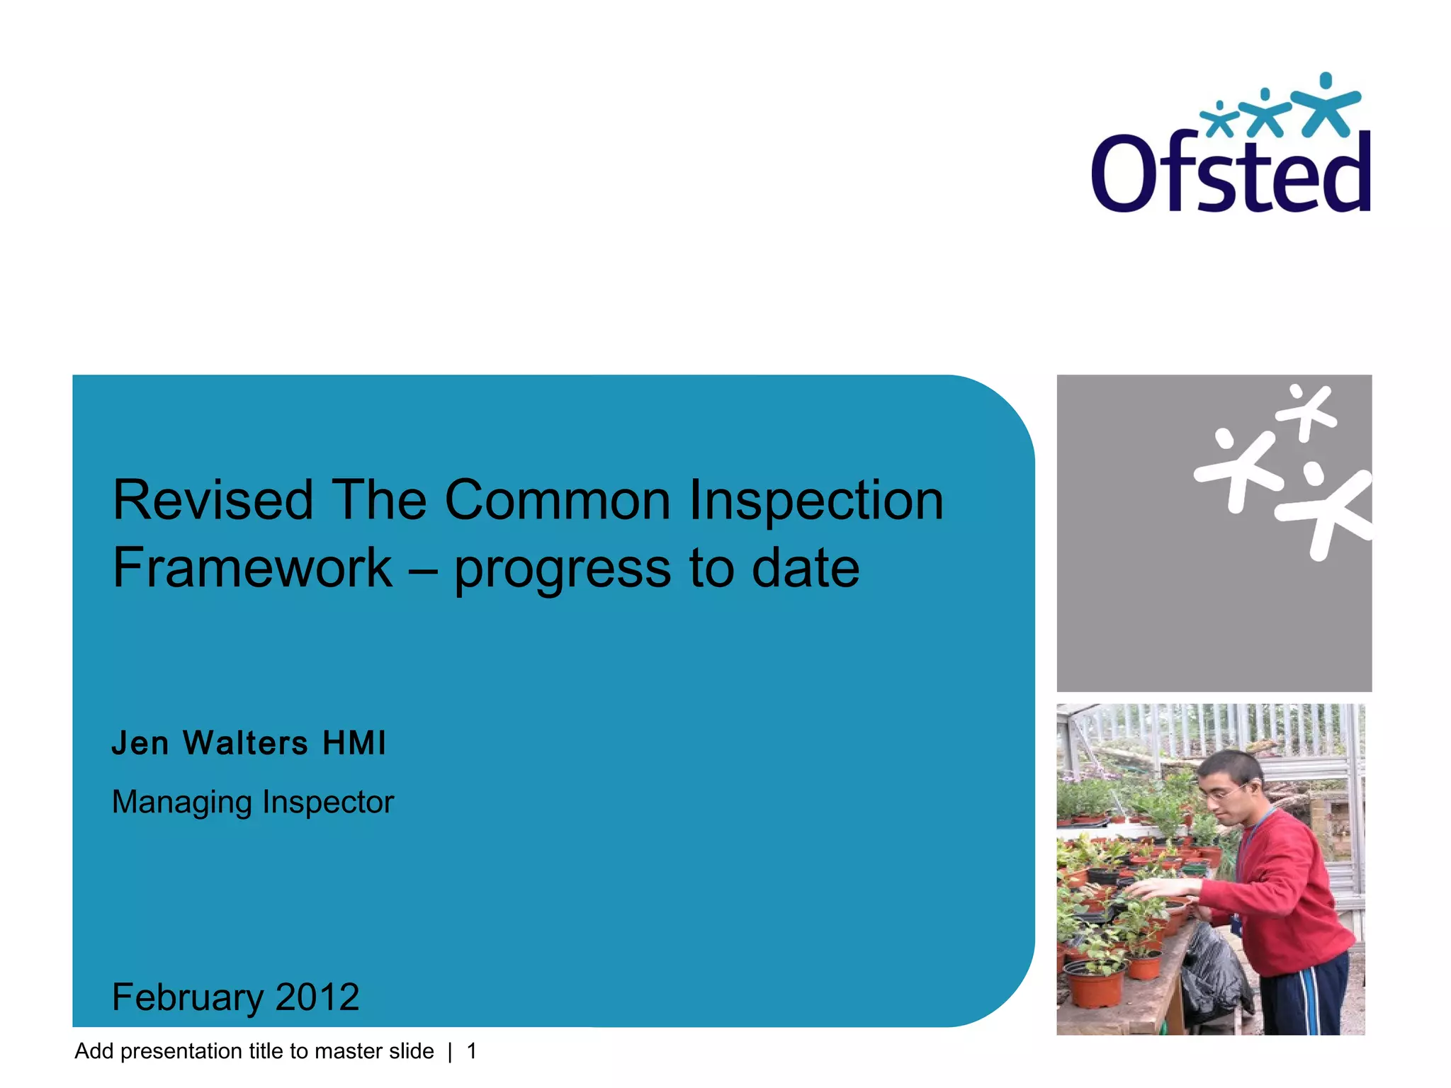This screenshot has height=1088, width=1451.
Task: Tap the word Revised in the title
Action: (213, 500)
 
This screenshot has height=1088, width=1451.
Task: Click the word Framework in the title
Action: (252, 568)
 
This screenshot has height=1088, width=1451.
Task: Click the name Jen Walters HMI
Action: (249, 743)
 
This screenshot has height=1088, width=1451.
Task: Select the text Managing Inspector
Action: (252, 802)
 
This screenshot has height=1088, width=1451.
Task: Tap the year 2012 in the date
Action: (317, 997)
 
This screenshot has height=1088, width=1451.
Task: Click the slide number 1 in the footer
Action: (472, 1051)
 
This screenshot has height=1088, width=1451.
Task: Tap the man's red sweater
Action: (1282, 892)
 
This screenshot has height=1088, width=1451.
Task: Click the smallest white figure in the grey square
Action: (1307, 411)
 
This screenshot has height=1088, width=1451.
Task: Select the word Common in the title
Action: (557, 500)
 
